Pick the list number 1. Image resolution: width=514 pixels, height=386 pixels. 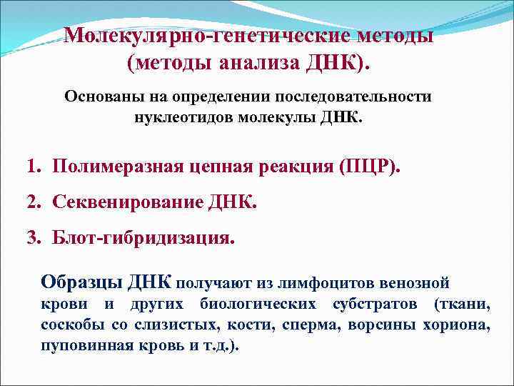tap(32, 167)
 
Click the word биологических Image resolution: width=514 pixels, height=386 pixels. tap(258, 305)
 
